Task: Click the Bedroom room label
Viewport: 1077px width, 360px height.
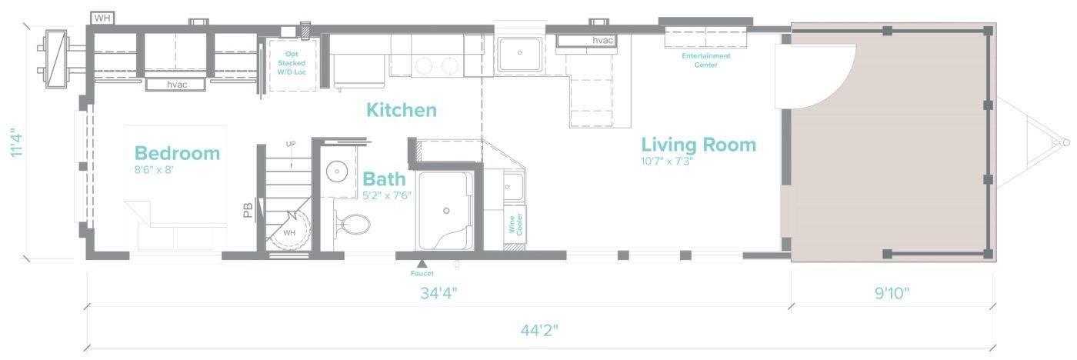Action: tap(177, 153)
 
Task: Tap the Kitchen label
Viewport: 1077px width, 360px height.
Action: tap(402, 110)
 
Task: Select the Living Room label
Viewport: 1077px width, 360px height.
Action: tap(699, 145)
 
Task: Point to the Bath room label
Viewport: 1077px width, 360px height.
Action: tap(384, 179)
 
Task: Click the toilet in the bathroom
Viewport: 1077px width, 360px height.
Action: tap(352, 225)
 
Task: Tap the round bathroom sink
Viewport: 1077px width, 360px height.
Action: tap(338, 171)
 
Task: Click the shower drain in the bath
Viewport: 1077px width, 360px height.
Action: tap(446, 211)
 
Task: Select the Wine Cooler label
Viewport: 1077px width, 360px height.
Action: tap(515, 225)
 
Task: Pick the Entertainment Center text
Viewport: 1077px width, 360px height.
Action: tap(706, 60)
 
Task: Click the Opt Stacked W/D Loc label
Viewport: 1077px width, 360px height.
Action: tap(292, 63)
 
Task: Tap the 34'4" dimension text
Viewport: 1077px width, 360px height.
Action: tap(438, 293)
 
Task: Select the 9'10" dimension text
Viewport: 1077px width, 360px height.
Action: tap(892, 293)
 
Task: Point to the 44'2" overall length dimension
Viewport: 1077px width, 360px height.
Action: tap(539, 331)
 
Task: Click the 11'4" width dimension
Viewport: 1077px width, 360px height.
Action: tap(16, 142)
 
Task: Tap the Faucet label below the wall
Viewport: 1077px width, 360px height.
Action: tap(422, 274)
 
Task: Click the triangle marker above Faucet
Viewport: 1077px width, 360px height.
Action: tap(422, 263)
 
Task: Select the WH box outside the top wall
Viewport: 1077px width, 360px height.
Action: tap(102, 18)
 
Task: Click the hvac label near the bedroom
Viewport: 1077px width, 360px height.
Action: tap(177, 85)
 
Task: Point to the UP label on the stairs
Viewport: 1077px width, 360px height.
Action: tap(291, 144)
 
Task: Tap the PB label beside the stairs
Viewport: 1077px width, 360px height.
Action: tap(248, 211)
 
